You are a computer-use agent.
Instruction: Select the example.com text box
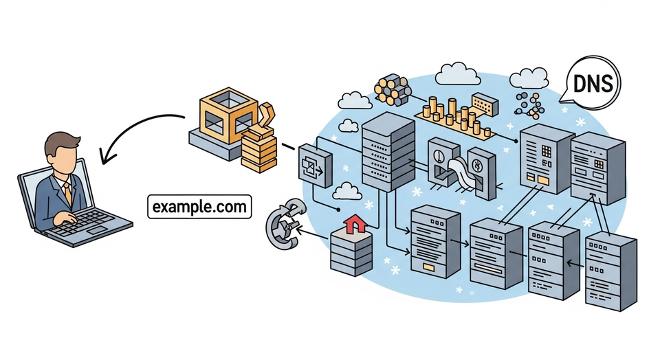coord(199,207)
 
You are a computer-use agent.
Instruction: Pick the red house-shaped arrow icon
coord(355,224)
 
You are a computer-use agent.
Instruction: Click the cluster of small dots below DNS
coord(530,103)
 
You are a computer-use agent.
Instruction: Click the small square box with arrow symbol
coord(315,166)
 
